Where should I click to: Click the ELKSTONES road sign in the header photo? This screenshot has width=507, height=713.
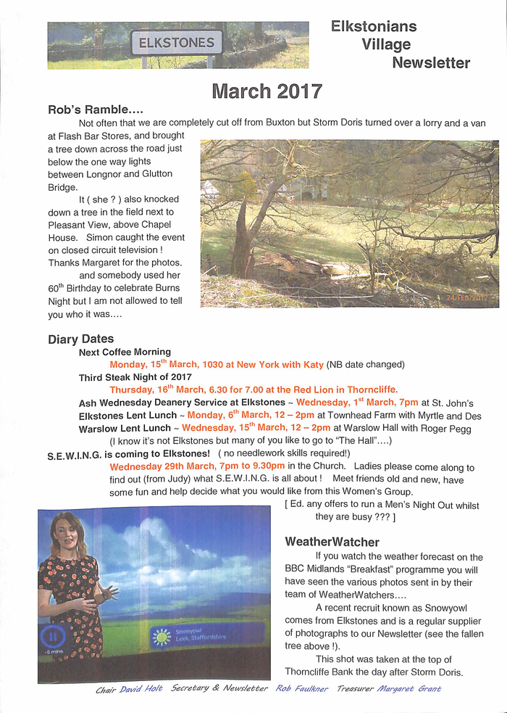pos(176,43)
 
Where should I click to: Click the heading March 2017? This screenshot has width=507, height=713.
pos(267,92)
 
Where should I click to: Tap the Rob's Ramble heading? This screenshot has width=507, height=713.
pos(95,110)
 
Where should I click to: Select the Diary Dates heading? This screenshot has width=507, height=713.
pos(80,339)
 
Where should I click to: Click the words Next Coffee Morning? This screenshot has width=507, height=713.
pos(125,352)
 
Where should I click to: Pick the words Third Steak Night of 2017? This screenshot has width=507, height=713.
pos(135,377)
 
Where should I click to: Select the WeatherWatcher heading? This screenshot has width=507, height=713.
pos(332,542)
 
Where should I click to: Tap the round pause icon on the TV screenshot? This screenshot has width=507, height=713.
pos(52,638)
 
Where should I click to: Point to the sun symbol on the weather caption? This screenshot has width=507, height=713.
pos(162,637)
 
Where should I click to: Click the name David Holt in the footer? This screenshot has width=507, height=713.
pos(141,688)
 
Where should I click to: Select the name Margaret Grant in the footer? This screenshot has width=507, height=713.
pos(409,688)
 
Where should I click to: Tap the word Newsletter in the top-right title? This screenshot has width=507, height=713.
pos(431,63)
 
